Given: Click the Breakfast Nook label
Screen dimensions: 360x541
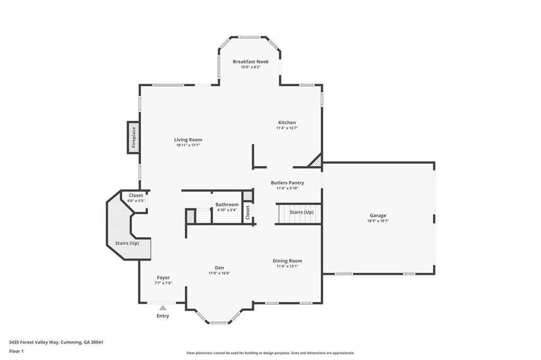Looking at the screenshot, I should click(251, 61).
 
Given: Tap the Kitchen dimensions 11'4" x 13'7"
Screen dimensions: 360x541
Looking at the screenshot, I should click(287, 128).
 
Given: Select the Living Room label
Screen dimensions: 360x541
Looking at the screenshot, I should click(188, 139).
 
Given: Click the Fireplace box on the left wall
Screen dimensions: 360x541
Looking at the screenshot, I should click(134, 137).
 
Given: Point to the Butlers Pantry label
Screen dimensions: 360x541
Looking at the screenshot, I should click(287, 183).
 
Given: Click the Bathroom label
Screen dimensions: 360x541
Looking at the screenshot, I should click(227, 204).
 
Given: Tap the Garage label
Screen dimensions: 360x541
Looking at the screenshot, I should click(378, 215).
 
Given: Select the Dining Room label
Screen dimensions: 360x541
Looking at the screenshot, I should click(287, 261).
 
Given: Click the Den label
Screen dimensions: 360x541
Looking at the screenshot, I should click(219, 267).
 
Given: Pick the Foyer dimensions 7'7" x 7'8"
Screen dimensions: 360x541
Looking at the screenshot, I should click(163, 283).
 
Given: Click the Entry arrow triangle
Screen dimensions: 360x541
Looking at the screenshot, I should click(163, 307).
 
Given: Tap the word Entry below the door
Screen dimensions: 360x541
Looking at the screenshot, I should click(163, 316).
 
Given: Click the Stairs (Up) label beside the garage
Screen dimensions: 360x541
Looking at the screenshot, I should click(302, 212).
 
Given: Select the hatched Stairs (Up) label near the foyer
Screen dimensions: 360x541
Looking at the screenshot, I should click(127, 243).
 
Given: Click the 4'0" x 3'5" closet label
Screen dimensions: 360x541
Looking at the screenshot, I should click(136, 201).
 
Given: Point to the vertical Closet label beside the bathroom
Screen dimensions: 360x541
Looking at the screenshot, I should click(247, 211).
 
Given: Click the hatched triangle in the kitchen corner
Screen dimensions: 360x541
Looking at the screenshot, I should click(316, 162).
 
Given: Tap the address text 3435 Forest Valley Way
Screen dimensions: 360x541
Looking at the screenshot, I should click(56, 342).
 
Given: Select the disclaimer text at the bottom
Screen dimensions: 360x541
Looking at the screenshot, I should click(270, 353).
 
